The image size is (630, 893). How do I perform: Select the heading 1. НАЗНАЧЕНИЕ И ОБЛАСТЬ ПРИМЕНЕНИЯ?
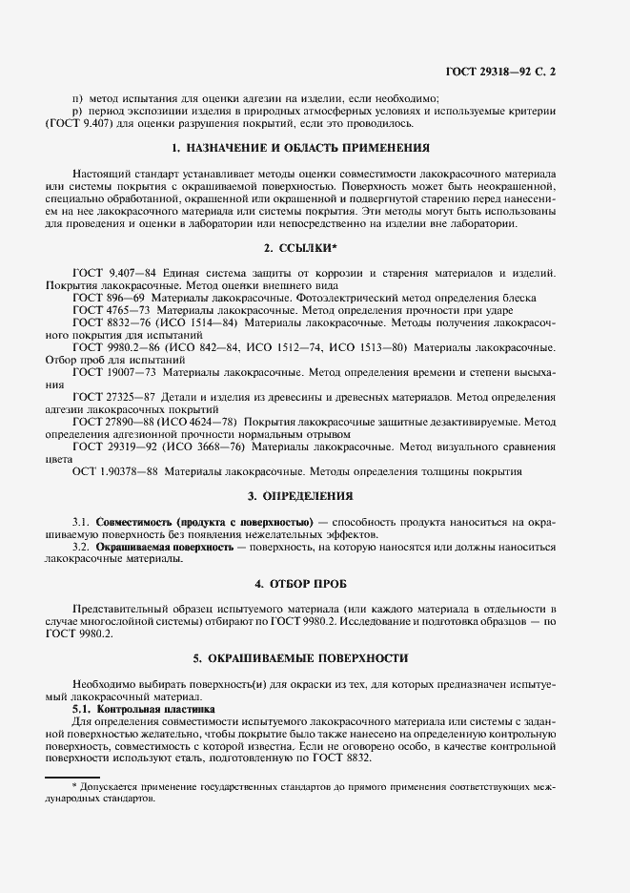pos(299,148)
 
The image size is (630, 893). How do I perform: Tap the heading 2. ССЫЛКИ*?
pos(299,248)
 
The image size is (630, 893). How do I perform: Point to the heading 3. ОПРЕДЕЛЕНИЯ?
pos(299,496)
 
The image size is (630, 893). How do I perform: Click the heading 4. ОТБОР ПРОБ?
pos(299,583)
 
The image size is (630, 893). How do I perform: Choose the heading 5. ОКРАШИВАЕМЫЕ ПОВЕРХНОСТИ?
pos(299,657)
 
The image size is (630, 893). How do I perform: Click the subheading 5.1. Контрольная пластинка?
pos(144,710)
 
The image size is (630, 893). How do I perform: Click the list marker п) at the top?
pos(78,98)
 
